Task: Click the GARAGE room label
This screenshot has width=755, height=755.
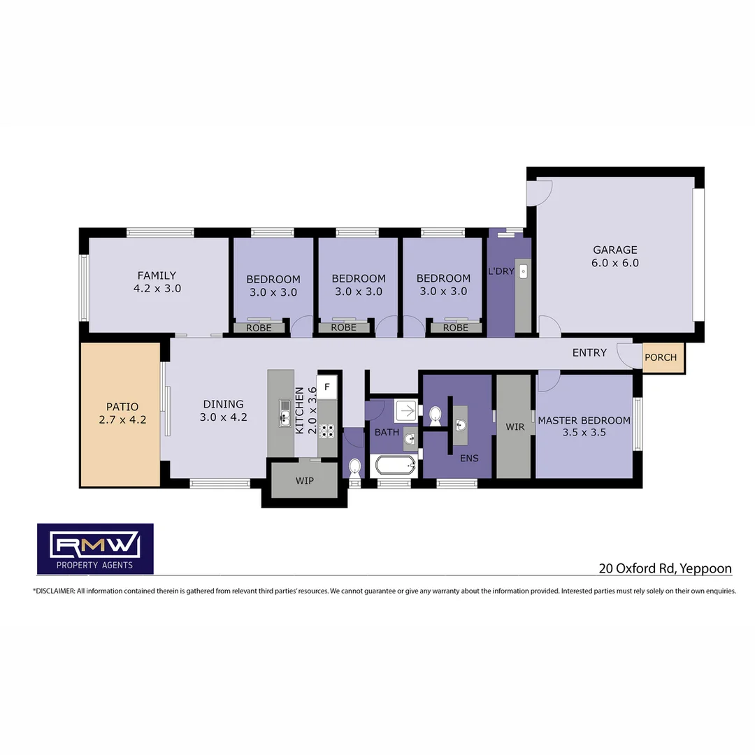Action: [x=615, y=250]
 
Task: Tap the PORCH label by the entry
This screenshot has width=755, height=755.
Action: [x=661, y=357]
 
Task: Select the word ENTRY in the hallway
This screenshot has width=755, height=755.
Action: [x=589, y=352]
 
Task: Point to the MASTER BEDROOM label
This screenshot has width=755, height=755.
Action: [x=584, y=420]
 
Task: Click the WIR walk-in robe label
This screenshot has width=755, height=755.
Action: [x=515, y=426]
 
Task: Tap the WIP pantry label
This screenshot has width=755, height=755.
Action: [x=304, y=481]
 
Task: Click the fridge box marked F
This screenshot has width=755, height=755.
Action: [x=327, y=386]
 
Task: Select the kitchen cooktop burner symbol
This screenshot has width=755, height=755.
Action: [x=326, y=430]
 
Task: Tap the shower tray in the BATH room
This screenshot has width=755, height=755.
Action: [x=405, y=410]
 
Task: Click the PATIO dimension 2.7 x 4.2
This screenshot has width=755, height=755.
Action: [x=122, y=420]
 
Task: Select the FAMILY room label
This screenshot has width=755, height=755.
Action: [x=157, y=275]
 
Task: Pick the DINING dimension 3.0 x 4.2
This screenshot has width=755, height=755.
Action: [x=223, y=417]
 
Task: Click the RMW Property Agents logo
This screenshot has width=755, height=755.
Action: [x=95, y=549]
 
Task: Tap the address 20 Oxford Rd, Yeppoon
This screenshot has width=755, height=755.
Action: [x=665, y=568]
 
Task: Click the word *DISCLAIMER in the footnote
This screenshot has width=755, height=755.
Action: [x=53, y=591]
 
